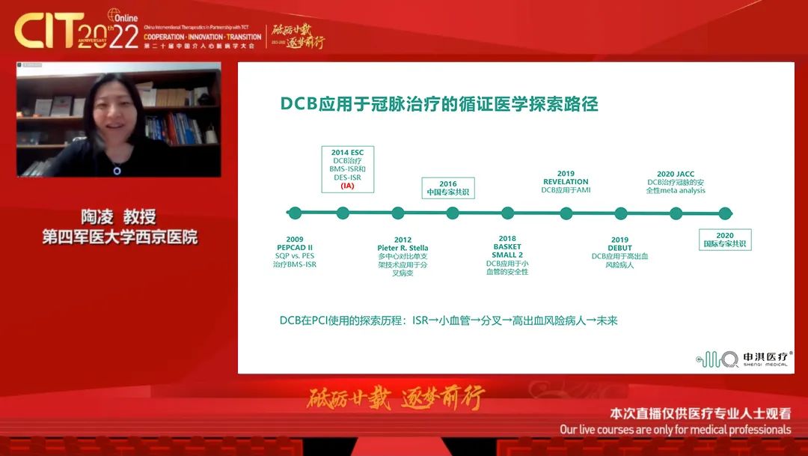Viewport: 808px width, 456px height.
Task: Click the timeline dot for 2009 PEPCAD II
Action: (295, 213)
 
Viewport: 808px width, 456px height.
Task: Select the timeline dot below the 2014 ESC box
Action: (343, 213)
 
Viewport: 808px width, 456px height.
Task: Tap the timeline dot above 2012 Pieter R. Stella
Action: (398, 213)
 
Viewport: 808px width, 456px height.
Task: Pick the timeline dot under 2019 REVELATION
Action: (566, 213)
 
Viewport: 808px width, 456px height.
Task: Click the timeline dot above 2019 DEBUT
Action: (620, 213)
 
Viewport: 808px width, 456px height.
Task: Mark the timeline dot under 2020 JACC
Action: (676, 213)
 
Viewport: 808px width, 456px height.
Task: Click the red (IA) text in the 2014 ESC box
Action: (347, 186)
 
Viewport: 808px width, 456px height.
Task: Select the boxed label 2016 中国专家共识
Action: (448, 188)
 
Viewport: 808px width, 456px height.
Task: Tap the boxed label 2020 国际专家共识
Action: (724, 240)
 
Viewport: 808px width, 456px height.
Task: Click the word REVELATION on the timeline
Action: (566, 181)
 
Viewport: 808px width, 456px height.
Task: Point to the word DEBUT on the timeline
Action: (619, 248)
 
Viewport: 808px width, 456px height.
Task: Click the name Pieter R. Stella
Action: (403, 248)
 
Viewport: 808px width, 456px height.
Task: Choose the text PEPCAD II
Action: (295, 248)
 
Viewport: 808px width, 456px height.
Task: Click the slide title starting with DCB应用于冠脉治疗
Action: (439, 104)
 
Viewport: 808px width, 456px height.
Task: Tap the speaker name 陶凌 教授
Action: (120, 217)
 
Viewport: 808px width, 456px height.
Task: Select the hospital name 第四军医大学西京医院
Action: (120, 237)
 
